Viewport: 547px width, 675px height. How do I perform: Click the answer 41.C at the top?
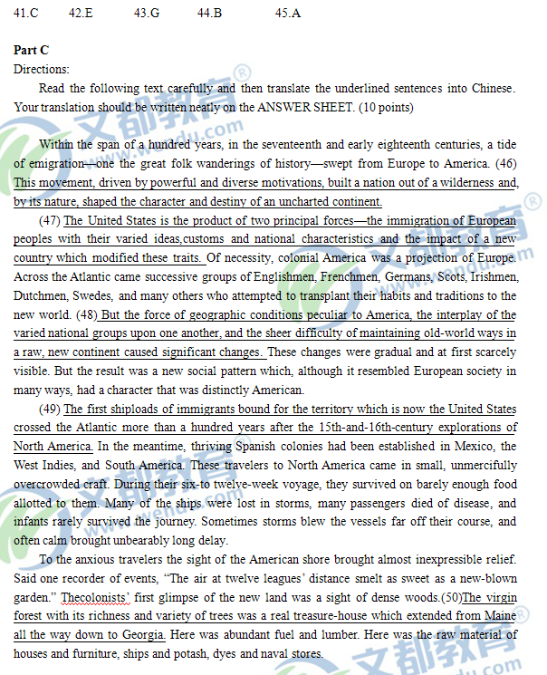coord(26,14)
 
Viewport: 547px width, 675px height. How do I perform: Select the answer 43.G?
coord(146,14)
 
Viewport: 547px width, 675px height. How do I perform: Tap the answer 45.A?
coord(288,14)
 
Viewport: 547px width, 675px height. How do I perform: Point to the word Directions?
coord(41,70)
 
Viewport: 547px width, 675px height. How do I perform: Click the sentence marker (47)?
coord(51,221)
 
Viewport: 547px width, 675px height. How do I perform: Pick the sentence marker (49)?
coord(51,410)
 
